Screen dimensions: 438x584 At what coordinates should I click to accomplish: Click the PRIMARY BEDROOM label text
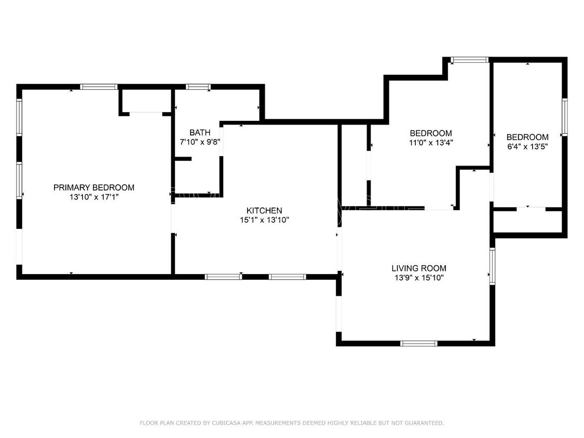pyautogui.click(x=93, y=187)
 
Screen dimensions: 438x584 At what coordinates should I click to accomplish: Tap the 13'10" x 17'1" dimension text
pyautogui.click(x=93, y=197)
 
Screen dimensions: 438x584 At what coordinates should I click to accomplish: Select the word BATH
pyautogui.click(x=200, y=132)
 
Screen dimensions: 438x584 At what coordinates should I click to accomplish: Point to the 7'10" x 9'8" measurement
pyautogui.click(x=200, y=142)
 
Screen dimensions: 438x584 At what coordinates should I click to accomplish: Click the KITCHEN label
pyautogui.click(x=264, y=210)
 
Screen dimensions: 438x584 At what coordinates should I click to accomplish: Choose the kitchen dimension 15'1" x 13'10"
pyautogui.click(x=264, y=220)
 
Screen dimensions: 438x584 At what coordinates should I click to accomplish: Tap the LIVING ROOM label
pyautogui.click(x=418, y=268)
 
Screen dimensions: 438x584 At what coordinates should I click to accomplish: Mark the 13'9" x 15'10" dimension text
pyautogui.click(x=418, y=278)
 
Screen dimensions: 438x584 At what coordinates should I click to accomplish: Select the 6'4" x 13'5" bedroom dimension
pyautogui.click(x=527, y=146)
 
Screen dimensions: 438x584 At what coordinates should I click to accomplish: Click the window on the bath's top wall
pyautogui.click(x=198, y=87)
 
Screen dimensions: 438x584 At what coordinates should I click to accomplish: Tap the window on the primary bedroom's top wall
pyautogui.click(x=99, y=87)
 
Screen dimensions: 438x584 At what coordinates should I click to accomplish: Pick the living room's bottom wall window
pyautogui.click(x=419, y=343)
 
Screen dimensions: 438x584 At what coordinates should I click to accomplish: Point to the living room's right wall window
pyautogui.click(x=492, y=266)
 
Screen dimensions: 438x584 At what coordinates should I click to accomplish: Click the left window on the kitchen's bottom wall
pyautogui.click(x=223, y=277)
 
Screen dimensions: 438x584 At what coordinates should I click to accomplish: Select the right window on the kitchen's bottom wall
pyautogui.click(x=288, y=277)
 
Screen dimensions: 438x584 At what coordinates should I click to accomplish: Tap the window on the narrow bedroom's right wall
pyautogui.click(x=564, y=117)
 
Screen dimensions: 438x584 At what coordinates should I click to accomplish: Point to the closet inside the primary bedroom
pyautogui.click(x=145, y=101)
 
